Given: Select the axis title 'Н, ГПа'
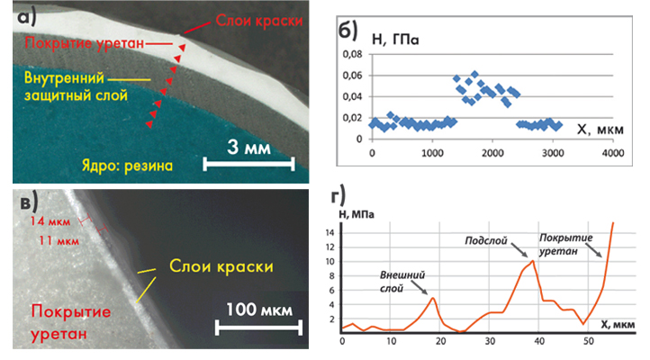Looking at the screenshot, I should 396,40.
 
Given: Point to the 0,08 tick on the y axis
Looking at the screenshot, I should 352,56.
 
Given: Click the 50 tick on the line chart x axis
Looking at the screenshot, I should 587,341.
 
